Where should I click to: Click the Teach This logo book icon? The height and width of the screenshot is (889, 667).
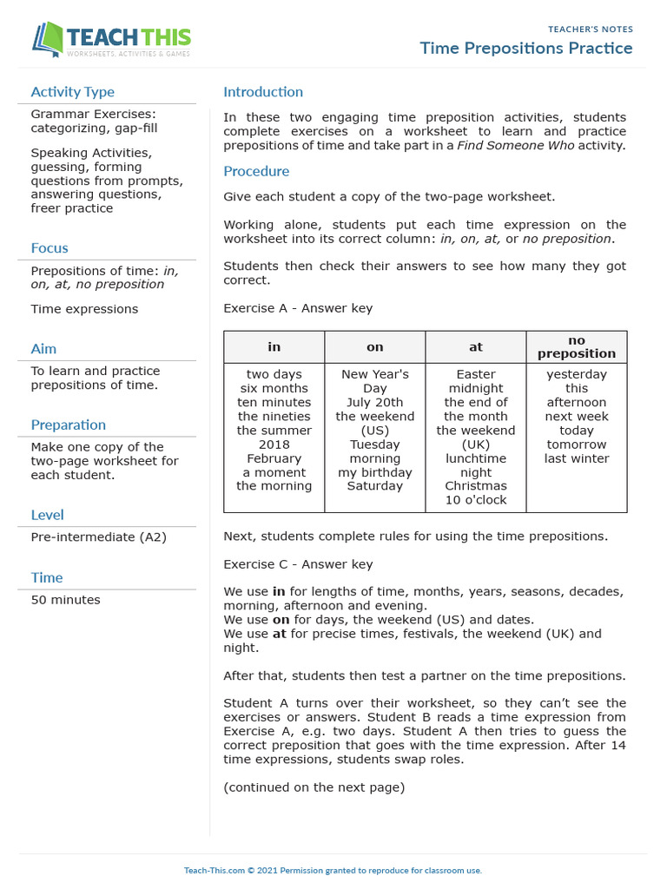point(48,39)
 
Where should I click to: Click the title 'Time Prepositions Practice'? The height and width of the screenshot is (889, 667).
point(526,48)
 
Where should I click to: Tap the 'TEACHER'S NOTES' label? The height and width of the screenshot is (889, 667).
point(590,30)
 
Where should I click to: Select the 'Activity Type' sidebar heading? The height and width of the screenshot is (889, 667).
point(72,92)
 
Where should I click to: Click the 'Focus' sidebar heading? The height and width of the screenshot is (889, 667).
point(50,248)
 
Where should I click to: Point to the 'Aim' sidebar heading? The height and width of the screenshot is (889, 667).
point(43,349)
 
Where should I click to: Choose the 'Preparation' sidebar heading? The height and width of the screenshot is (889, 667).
point(69,425)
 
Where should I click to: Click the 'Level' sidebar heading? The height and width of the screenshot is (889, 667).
point(48,515)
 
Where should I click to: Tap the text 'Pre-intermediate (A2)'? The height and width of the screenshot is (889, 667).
point(98,537)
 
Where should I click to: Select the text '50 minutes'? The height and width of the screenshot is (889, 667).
point(65,600)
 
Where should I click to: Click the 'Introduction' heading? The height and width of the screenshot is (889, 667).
point(263,92)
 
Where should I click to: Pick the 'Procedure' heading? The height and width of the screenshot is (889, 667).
point(256,171)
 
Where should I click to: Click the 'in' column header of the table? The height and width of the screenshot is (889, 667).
point(274,347)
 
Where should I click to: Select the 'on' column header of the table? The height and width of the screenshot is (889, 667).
point(374,347)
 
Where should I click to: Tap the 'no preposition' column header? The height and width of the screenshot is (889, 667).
point(577,347)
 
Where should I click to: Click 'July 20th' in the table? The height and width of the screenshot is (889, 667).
point(374,403)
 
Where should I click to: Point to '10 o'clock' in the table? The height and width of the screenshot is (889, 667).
point(475,500)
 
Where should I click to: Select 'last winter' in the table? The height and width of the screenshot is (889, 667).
point(577,458)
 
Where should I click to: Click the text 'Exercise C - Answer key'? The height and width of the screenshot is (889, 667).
point(298,564)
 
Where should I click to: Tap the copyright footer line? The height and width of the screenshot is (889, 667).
point(333,870)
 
